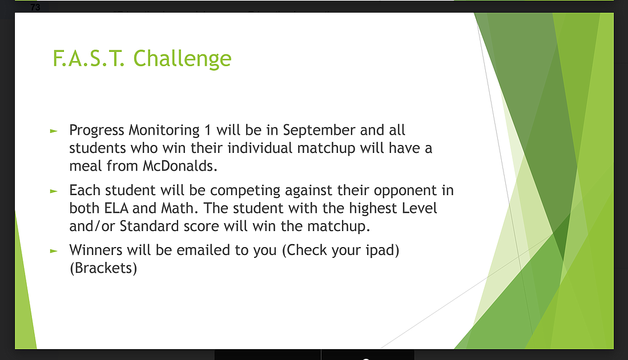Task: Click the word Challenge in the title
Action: coord(182,59)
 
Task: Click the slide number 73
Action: coord(35,7)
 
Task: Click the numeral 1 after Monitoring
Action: coord(207,130)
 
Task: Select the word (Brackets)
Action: coord(103,268)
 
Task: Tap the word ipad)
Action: coord(383,250)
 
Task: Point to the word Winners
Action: coord(96,250)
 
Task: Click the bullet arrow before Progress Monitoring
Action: coord(54,131)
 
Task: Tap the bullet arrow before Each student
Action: coord(54,191)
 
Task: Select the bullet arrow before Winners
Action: coord(54,251)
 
